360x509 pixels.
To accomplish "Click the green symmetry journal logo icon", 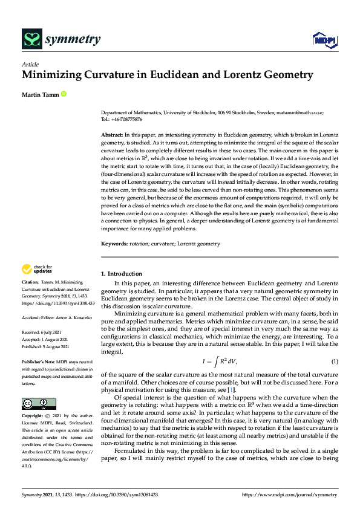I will tap(31, 40).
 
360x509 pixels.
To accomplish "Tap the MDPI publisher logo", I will tap(321, 41).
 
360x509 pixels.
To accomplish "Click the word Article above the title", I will tap(30, 65).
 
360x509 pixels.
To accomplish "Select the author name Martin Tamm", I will tap(39, 94).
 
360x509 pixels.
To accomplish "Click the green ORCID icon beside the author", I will tap(64, 94).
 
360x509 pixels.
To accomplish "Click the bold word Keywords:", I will tap(114, 244).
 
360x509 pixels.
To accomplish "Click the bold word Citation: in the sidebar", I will tap(31, 282).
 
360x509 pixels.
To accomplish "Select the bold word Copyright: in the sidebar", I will tap(33, 417).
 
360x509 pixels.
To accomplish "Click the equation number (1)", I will tap(333, 361).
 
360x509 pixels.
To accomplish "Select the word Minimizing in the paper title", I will tap(54, 76).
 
